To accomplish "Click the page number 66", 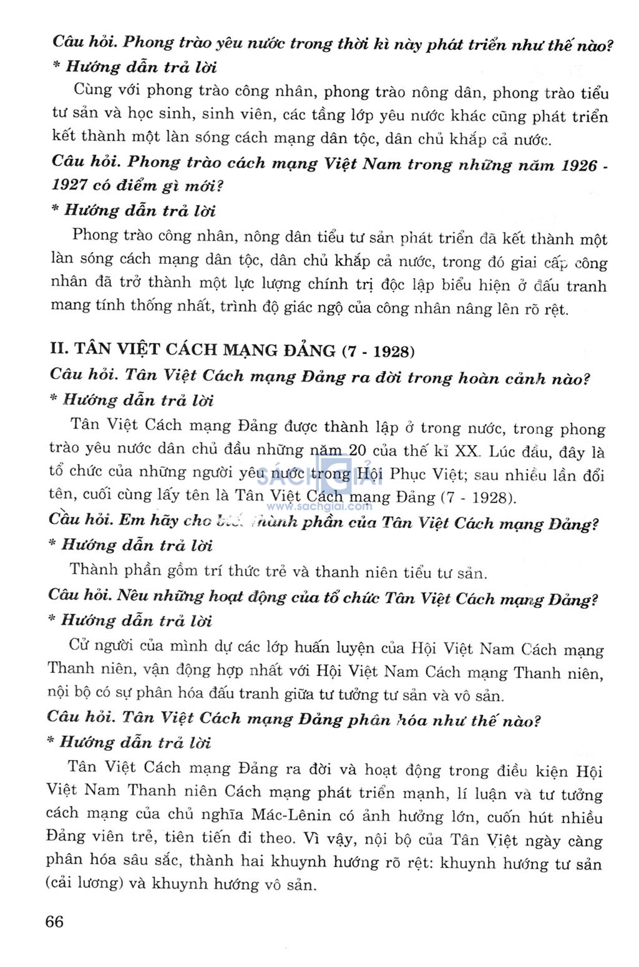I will pos(54,921).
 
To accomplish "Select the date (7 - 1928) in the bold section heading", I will pos(379,351).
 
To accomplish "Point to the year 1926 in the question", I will pos(579,165).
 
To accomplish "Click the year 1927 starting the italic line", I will pos(69,185).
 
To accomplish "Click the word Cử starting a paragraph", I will pos(80,645).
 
